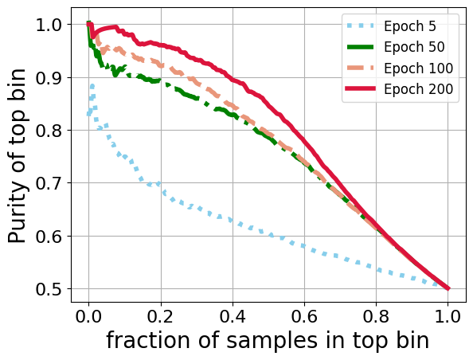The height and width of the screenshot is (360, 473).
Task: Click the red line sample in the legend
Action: coord(362,88)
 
